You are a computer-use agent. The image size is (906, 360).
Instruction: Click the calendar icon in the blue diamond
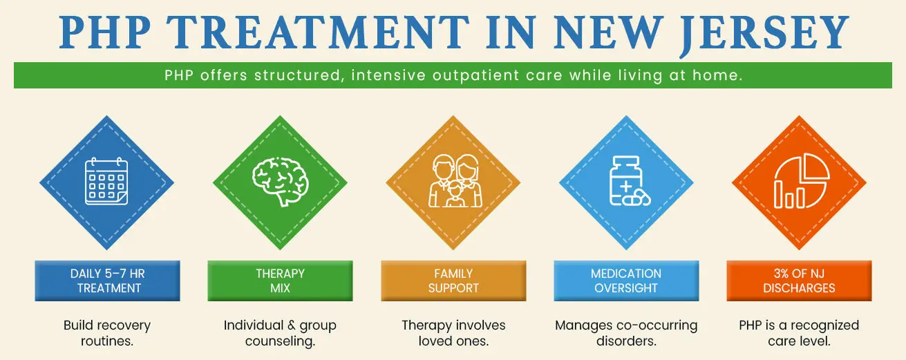106,181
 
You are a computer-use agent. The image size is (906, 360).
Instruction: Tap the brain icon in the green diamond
280,181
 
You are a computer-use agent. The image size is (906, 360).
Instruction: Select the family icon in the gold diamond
453,181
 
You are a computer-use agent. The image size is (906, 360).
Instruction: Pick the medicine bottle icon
625,181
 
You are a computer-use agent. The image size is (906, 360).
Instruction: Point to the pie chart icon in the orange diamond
799,182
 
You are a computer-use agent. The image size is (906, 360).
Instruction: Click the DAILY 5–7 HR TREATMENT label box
107,281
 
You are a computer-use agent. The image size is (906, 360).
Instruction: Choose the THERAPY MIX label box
280,281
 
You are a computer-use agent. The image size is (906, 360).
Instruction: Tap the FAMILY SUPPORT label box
453,281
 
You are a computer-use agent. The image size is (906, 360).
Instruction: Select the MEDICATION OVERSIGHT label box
626,281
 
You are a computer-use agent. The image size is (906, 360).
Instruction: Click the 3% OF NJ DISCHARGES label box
799,281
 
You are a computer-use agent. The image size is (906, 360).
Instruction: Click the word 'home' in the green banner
719,75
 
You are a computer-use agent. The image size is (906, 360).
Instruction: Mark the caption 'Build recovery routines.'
107,333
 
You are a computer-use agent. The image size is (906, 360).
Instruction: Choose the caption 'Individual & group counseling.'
280,333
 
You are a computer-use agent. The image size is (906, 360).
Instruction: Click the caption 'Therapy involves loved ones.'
453,333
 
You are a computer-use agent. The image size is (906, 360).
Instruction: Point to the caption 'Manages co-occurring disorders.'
626,333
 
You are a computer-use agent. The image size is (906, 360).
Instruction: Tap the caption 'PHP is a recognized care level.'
799,333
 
